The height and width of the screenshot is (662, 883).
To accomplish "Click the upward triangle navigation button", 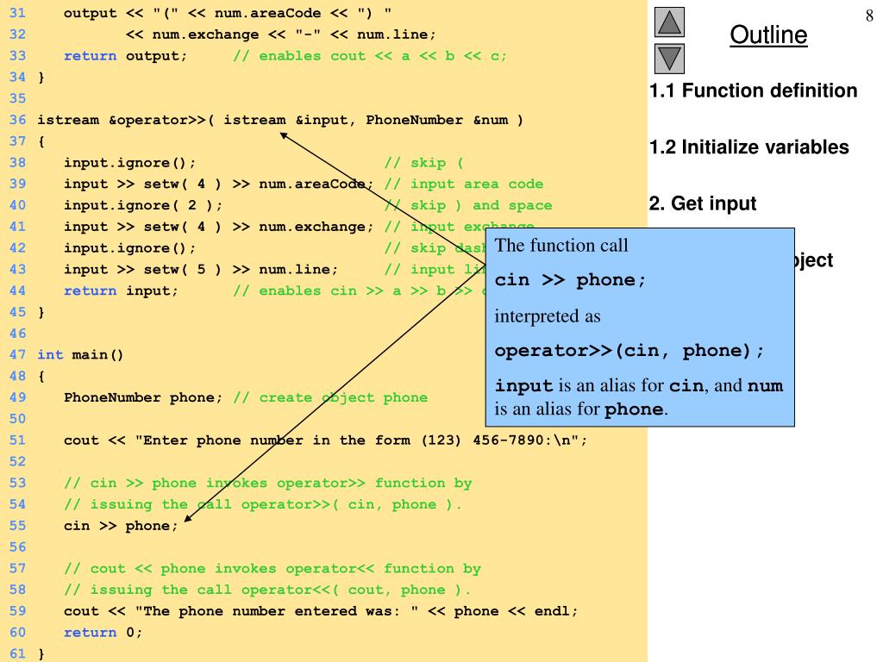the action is click(670, 22).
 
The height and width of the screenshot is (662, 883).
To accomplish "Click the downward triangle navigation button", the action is click(670, 58).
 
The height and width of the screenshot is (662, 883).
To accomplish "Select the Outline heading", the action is click(768, 35).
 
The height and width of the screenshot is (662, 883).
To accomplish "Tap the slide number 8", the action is click(869, 17).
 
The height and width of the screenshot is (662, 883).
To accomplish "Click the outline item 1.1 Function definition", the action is click(753, 91).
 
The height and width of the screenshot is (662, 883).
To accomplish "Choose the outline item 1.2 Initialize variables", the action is click(748, 147).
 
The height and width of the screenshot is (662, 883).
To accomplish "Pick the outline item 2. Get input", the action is click(702, 204).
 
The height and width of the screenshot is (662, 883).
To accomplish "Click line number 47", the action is click(18, 354).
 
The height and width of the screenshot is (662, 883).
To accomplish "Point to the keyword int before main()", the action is click(50, 354).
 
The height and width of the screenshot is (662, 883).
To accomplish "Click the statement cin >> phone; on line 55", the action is click(121, 526).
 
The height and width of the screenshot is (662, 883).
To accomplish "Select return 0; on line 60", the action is click(103, 633).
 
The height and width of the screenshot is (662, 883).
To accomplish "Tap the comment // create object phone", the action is click(330, 397).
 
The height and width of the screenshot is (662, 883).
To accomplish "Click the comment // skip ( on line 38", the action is click(423, 162).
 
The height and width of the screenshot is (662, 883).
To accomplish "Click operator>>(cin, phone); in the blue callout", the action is click(629, 351).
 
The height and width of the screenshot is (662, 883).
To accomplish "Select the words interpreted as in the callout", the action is click(548, 316).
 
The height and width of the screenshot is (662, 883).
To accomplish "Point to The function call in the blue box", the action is click(561, 245).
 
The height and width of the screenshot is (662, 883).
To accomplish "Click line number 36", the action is click(18, 120).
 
